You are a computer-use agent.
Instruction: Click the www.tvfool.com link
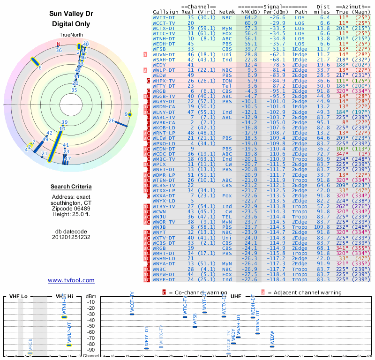pos(71,280)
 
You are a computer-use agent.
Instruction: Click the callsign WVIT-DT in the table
pos(164,17)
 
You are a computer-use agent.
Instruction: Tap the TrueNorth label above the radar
pos(71,35)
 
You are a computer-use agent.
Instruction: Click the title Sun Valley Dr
pos(71,13)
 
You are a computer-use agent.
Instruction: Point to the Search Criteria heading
pos(71,187)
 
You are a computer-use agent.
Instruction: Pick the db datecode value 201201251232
pos(71,237)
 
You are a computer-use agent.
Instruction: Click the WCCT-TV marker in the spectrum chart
pos(132,314)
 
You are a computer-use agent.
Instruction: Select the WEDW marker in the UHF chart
pos(272,346)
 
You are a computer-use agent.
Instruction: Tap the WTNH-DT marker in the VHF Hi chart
pos(64,317)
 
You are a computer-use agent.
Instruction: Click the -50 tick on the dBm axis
pos(91,326)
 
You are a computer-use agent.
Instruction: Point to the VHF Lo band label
pos(18,297)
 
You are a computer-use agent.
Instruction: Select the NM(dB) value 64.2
pos(250,17)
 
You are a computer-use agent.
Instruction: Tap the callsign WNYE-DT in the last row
pos(164,280)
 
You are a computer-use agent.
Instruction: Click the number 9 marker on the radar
pos(127,114)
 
